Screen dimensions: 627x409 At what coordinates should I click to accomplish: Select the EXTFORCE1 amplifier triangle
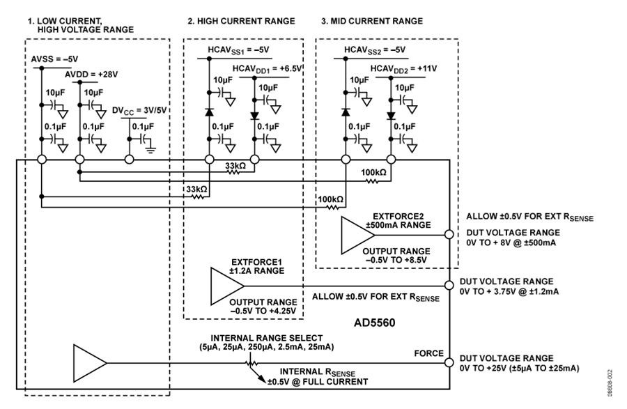(225, 286)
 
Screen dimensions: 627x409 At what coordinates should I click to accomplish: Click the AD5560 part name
(374, 322)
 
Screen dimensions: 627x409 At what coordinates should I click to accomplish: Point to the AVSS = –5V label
(55, 59)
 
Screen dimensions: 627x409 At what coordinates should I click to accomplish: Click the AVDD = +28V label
(91, 75)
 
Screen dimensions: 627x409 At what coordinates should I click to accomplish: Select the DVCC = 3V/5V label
(139, 110)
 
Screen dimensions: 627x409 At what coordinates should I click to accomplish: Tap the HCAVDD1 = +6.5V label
(267, 69)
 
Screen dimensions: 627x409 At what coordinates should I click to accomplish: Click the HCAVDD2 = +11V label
(403, 69)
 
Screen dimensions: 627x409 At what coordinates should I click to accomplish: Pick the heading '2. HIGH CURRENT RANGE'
(242, 21)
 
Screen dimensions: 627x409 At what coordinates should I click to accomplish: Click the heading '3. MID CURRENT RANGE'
(372, 21)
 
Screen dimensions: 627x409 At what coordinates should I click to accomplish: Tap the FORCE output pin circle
(449, 362)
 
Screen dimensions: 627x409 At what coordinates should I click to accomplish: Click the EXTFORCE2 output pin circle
(449, 234)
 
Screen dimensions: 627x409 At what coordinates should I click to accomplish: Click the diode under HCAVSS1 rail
(209, 111)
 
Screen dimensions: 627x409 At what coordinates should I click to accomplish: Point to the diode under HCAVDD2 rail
(391, 116)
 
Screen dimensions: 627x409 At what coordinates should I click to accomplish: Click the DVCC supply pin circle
(129, 160)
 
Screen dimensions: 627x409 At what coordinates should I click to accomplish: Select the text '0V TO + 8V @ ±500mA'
(511, 242)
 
